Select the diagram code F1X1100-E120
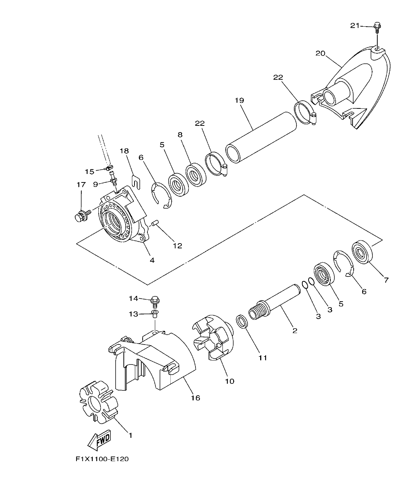(102, 459)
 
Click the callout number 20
(320, 53)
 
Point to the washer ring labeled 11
(241, 321)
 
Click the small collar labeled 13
(155, 315)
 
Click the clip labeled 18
(136, 181)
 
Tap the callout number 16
(195, 398)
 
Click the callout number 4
(152, 260)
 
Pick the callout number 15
(89, 171)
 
